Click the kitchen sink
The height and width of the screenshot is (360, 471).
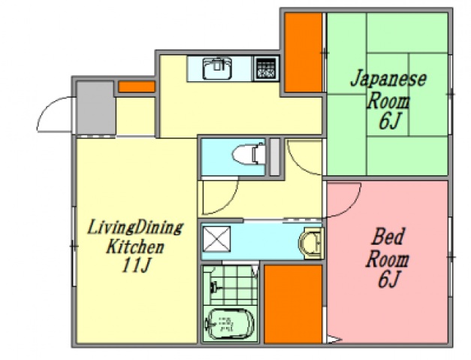click(219, 68)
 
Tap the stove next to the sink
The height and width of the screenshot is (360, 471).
click(264, 68)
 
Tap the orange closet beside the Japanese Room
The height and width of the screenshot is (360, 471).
click(303, 51)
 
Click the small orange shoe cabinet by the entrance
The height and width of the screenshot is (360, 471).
click(136, 86)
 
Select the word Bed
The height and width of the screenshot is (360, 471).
click(389, 239)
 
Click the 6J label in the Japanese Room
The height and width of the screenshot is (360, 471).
click(388, 121)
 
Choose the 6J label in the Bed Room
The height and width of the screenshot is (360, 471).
click(388, 281)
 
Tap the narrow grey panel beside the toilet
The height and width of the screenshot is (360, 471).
click(274, 157)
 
